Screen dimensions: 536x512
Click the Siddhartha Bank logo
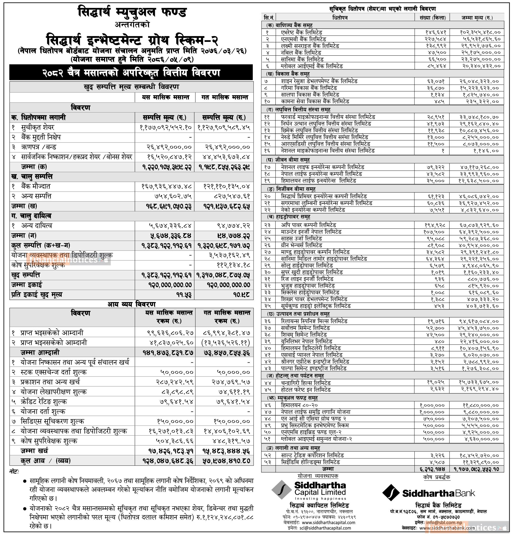[428, 493]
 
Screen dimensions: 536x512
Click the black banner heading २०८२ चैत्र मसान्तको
[131, 73]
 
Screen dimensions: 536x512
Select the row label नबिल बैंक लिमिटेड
[301, 53]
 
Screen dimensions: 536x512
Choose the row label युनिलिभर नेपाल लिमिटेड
[307, 341]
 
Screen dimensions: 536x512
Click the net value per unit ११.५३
[185, 295]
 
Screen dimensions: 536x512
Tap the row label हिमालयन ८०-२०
[299, 405]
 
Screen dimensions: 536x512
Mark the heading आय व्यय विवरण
[131, 304]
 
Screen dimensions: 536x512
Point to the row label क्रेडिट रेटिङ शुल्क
[44, 402]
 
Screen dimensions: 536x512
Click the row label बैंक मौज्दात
[36, 187]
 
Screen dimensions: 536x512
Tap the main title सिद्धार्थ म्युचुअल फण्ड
[132, 13]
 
